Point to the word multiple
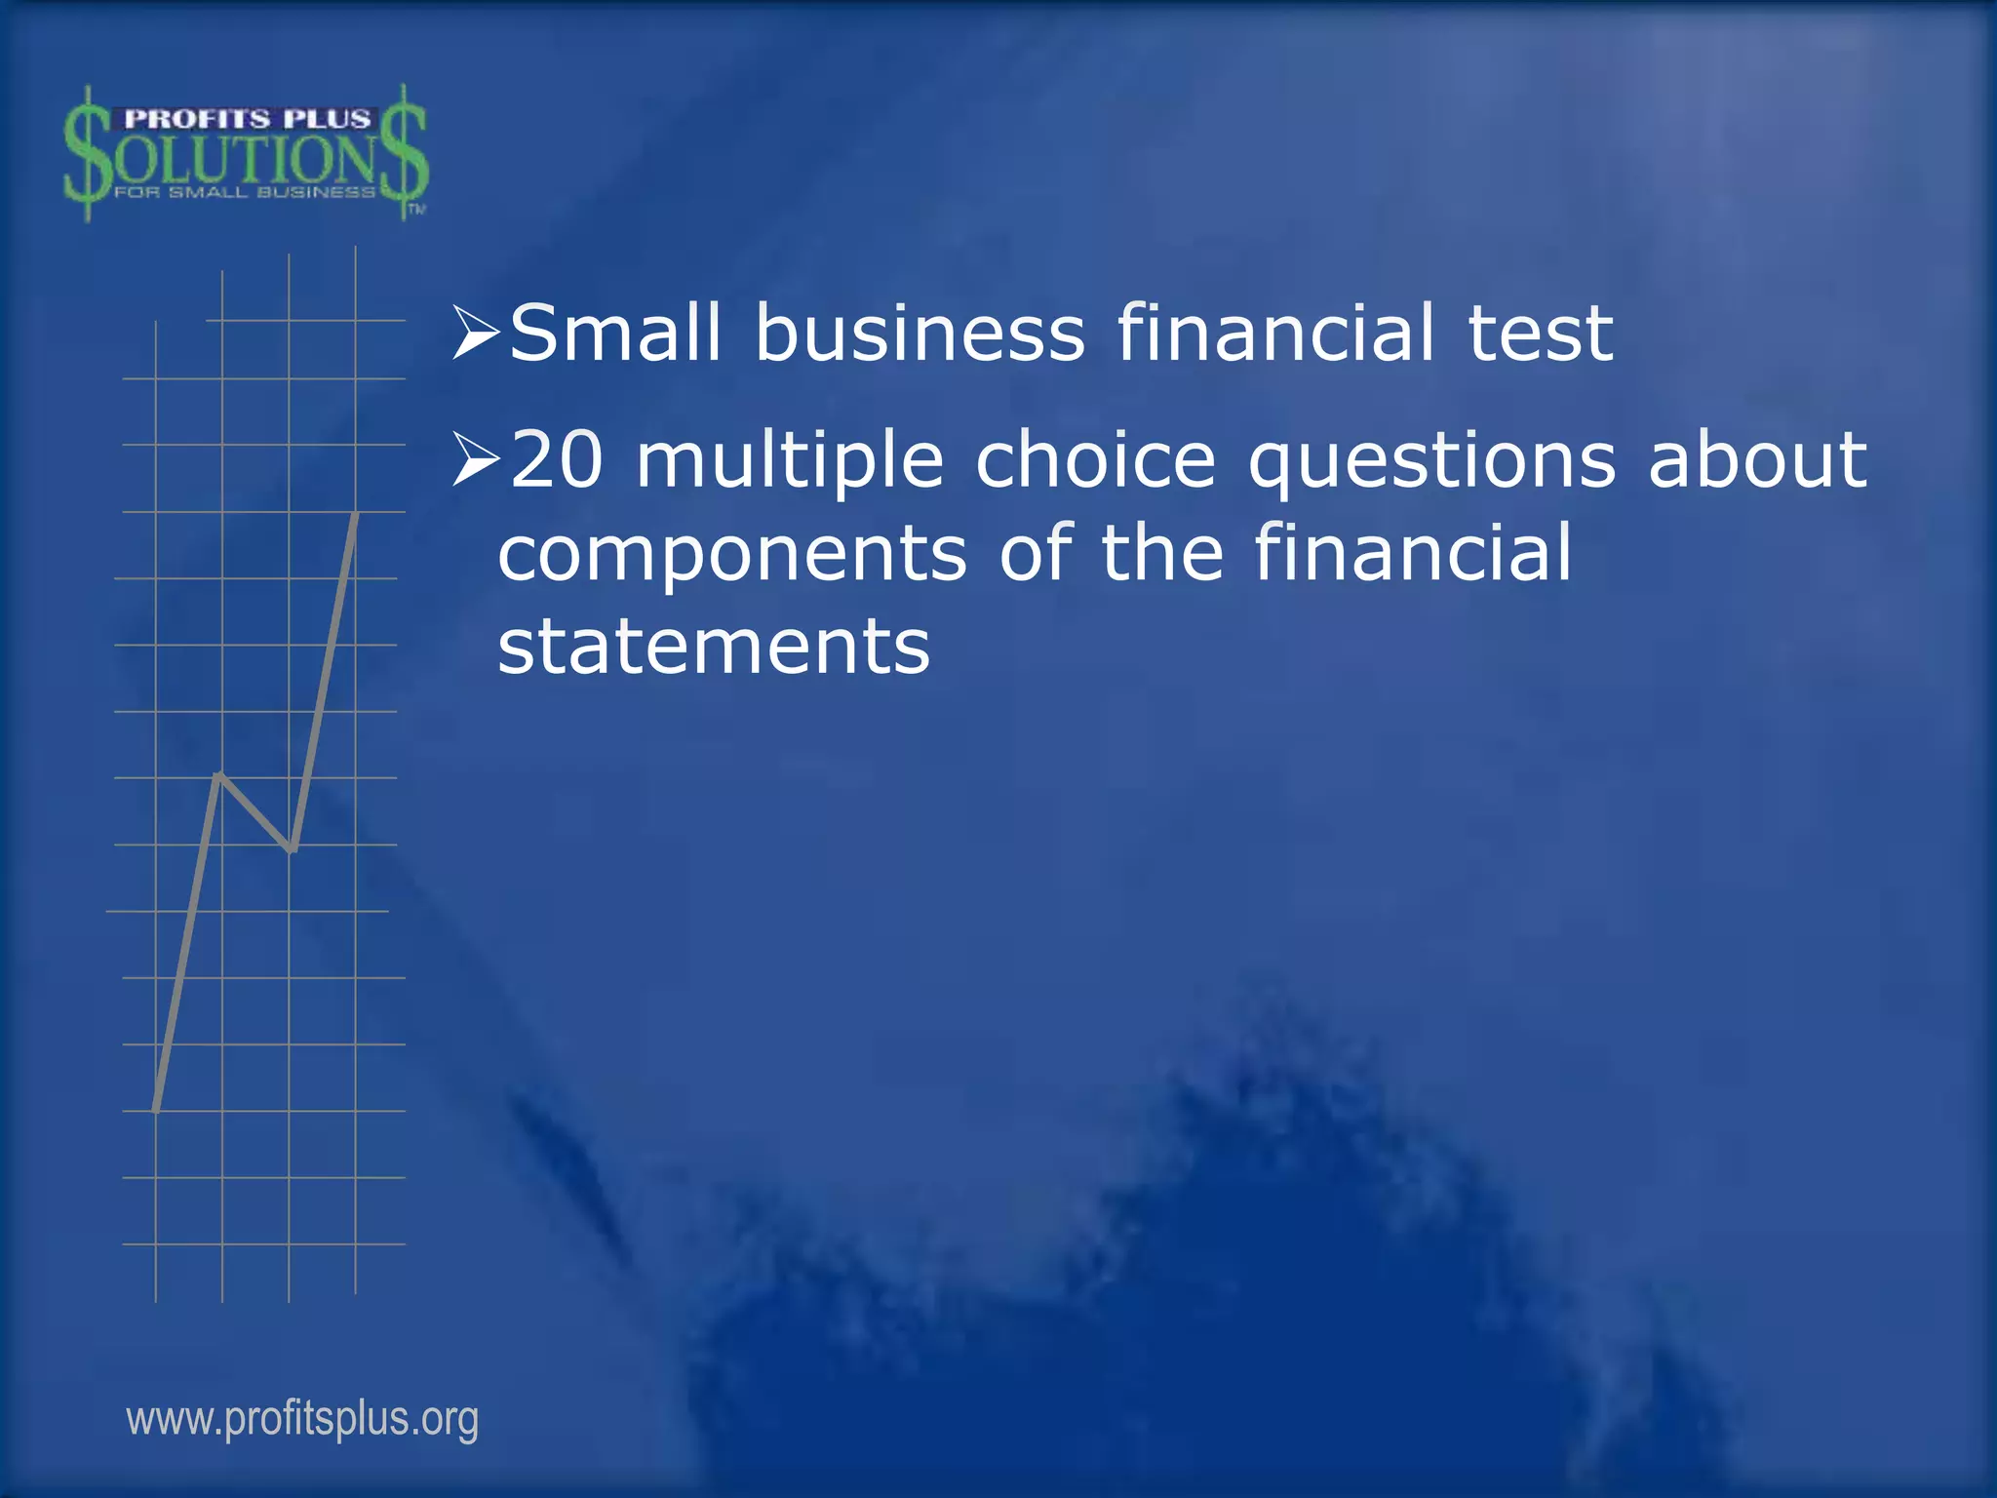click(x=790, y=462)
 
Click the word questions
click(x=1431, y=462)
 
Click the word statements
click(x=714, y=646)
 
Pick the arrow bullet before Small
click(x=477, y=332)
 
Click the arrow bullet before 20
click(x=477, y=459)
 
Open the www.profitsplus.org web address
click(x=302, y=1419)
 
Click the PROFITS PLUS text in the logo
click(x=248, y=119)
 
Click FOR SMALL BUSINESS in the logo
click(x=244, y=192)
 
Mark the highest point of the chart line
click(x=356, y=513)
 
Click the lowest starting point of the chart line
click(x=156, y=1110)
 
